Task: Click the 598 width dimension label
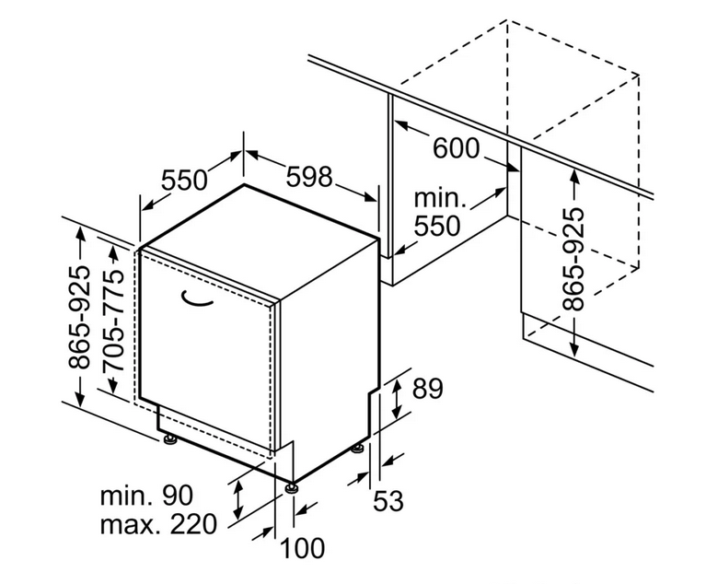point(309,177)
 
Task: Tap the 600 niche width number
point(456,148)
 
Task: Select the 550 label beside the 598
point(184,180)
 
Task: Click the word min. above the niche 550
point(439,198)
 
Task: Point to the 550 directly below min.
point(437,226)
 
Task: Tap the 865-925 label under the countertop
point(573,260)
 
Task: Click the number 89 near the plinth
point(428,389)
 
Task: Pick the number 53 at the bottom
point(388,500)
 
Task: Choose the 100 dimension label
point(302,548)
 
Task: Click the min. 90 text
point(146,495)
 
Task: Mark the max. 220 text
point(158,524)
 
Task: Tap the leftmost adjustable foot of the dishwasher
point(170,438)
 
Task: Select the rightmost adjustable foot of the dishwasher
point(358,449)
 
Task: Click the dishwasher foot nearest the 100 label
point(291,488)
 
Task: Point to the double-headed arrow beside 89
point(396,399)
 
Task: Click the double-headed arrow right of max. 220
point(238,499)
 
